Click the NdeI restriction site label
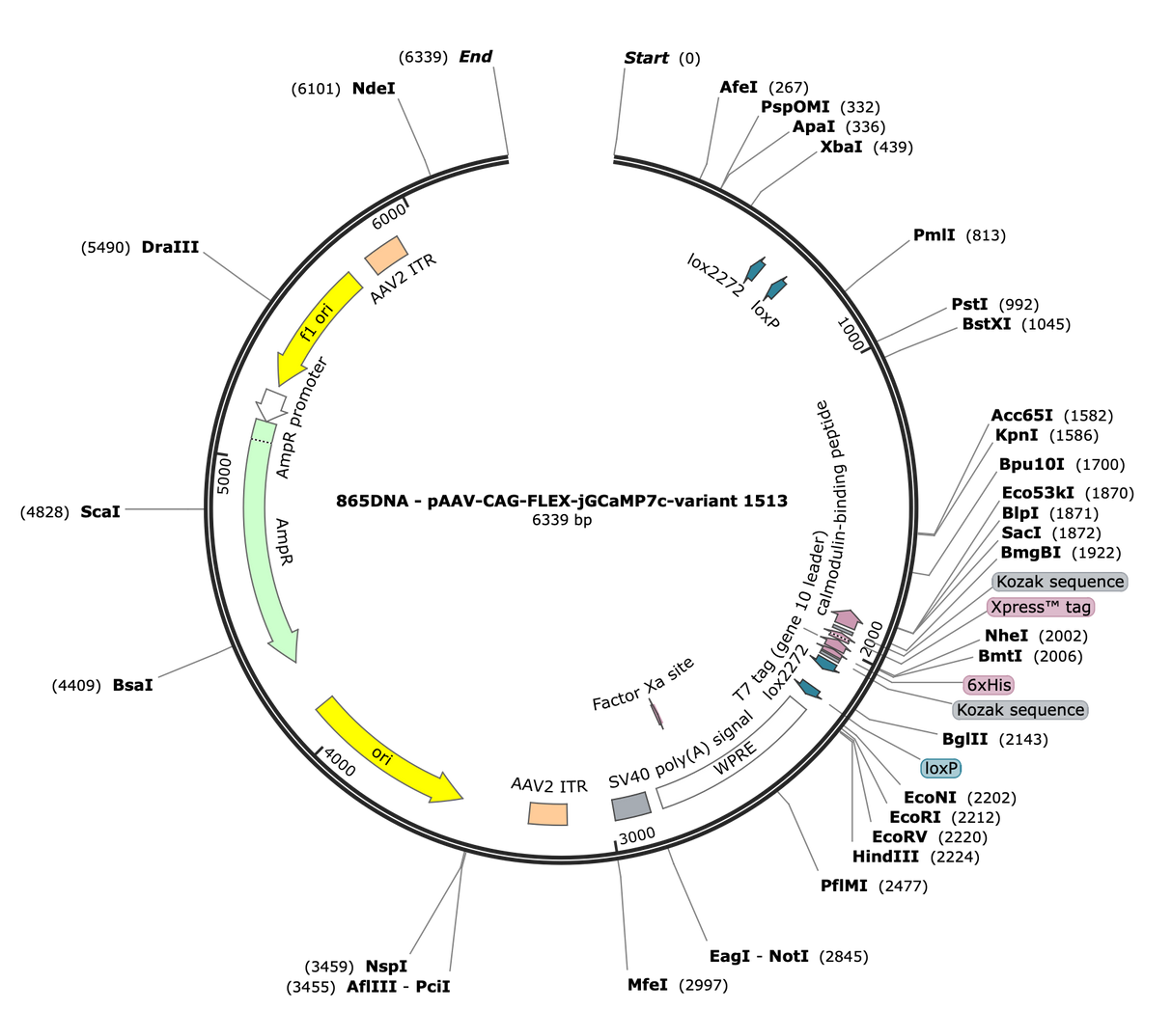pos(374,89)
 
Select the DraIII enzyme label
pos(170,247)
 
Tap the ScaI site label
pos(100,511)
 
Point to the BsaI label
pos(132,685)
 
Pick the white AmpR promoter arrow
pos(271,404)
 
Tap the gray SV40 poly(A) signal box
pos(631,806)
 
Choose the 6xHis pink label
pos(989,685)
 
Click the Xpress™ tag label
pos(1041,607)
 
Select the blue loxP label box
pos(940,768)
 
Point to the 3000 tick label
pos(637,835)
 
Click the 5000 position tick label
pos(224,476)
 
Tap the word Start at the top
pos(646,58)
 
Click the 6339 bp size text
pos(561,519)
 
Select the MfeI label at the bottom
pos(647,985)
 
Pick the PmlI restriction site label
pos(934,234)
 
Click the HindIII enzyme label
pos(885,856)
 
